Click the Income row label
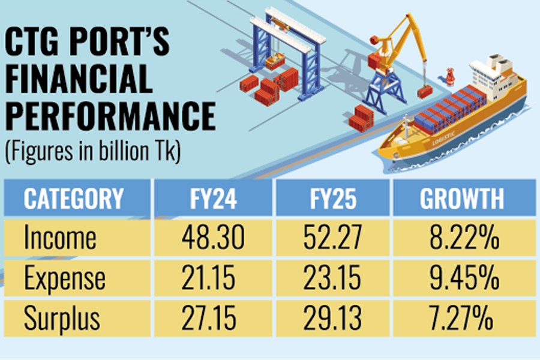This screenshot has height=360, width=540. (x=60, y=238)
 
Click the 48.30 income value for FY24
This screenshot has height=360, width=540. (x=213, y=238)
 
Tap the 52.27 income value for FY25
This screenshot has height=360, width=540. (x=332, y=238)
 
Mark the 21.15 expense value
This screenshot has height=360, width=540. (x=213, y=278)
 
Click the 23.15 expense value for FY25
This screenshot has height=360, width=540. (x=332, y=278)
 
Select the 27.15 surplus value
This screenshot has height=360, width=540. (x=213, y=317)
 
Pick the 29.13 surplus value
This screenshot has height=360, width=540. (x=332, y=317)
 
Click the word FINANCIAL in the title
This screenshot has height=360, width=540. (x=78, y=79)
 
